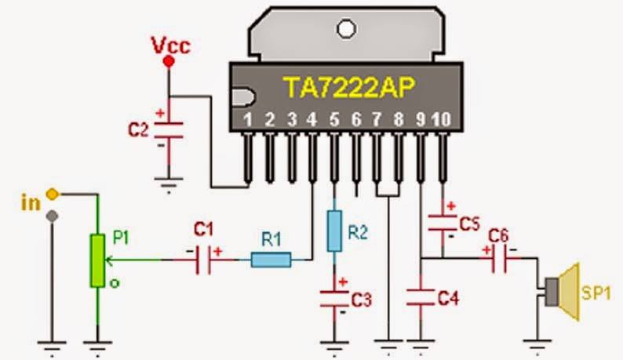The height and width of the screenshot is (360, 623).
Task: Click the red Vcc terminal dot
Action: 169,62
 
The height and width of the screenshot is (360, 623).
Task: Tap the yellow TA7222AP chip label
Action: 350,87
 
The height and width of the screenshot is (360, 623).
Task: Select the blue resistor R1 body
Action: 271,260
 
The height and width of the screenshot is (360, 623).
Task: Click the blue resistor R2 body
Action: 334,231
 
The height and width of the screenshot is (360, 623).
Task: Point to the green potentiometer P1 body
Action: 97,260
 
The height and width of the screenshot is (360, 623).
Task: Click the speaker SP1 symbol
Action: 563,292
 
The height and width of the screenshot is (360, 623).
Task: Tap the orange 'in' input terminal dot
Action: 53,195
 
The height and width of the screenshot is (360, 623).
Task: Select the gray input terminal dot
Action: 52,216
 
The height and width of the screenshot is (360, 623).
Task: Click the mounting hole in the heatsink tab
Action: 347,29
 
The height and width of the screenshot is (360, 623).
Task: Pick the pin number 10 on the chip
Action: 442,119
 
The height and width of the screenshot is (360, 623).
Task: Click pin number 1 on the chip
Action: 248,119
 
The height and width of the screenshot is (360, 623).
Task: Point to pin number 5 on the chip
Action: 334,119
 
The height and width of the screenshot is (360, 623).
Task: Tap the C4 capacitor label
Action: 449,298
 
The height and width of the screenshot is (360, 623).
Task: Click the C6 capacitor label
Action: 498,236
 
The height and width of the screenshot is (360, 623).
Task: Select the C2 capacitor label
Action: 138,130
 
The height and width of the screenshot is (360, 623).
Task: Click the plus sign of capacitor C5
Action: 451,205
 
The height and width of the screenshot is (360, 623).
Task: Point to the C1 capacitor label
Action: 203,229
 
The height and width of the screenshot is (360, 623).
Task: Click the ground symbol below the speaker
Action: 537,344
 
